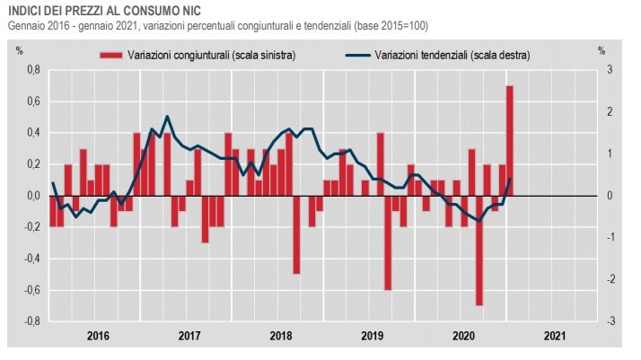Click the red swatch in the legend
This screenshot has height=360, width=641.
[x=110, y=56]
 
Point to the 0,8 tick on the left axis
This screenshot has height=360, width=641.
[x=32, y=70]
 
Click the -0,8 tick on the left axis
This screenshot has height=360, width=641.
[x=31, y=321]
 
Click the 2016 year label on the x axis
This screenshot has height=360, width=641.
[x=98, y=337]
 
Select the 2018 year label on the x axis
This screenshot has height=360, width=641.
[x=281, y=337]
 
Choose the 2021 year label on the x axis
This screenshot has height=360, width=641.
[x=554, y=337]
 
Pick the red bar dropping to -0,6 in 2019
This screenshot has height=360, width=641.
[x=388, y=242]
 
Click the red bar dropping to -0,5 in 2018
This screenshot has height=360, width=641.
[x=296, y=234]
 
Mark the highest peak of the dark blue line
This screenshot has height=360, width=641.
[x=167, y=117]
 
